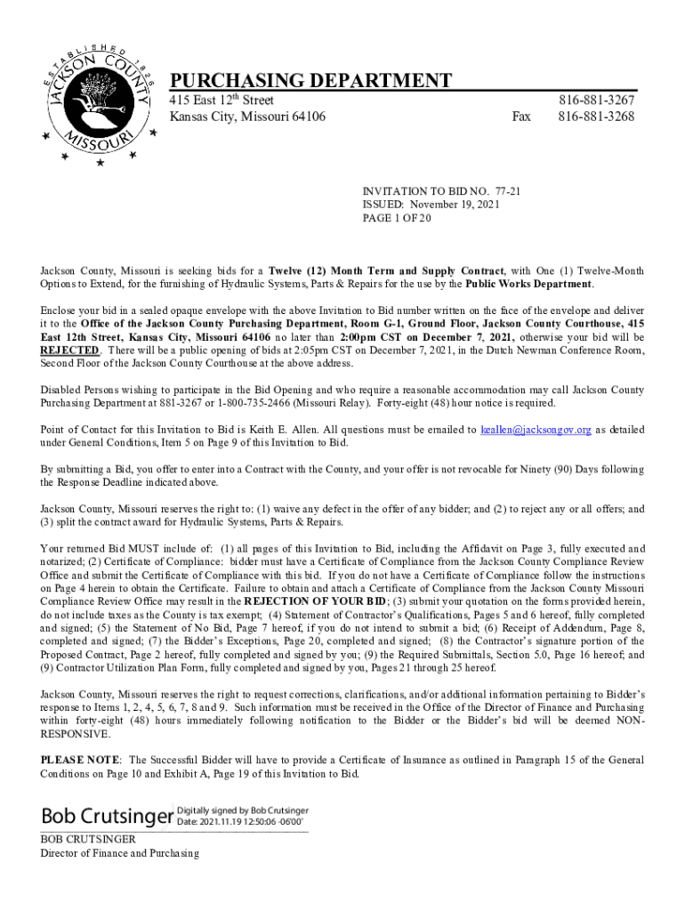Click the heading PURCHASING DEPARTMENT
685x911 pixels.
[x=310, y=81]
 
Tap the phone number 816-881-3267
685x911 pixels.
[x=596, y=101]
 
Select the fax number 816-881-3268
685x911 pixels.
[x=596, y=117]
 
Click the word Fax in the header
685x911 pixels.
[x=522, y=117]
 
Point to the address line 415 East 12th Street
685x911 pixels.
[x=222, y=101]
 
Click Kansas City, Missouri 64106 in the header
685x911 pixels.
[x=247, y=117]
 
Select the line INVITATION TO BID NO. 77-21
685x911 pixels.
[x=441, y=191]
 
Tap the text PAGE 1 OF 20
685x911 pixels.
[x=397, y=218]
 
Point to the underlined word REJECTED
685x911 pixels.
[x=69, y=351]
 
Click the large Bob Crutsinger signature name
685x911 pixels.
[x=106, y=816]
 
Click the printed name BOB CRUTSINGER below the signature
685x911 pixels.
[x=88, y=839]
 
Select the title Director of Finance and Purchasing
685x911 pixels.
[x=119, y=853]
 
